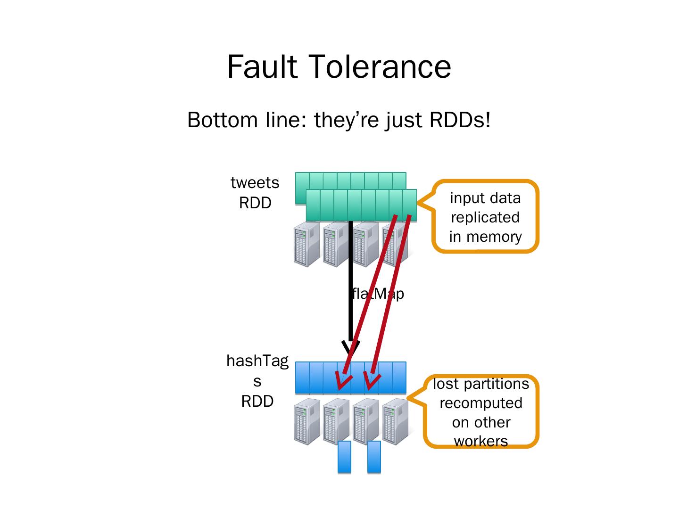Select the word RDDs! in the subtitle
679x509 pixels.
(x=460, y=120)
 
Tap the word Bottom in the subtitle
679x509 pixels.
(x=218, y=120)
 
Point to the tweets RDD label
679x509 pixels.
(x=255, y=192)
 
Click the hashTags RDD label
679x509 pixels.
(x=257, y=381)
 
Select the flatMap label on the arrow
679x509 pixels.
(x=378, y=294)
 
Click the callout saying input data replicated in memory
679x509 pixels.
(x=485, y=217)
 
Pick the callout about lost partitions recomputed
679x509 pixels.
(x=481, y=411)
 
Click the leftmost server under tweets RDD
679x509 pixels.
(x=306, y=244)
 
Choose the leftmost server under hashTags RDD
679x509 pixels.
(x=306, y=421)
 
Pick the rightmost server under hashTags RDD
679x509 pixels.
(x=395, y=421)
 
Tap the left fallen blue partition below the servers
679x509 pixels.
(x=345, y=457)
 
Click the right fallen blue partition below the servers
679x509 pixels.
(x=374, y=457)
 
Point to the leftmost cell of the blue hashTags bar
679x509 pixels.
(x=302, y=378)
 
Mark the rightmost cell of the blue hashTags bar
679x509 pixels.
(x=399, y=378)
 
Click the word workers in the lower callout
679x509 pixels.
(x=481, y=441)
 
